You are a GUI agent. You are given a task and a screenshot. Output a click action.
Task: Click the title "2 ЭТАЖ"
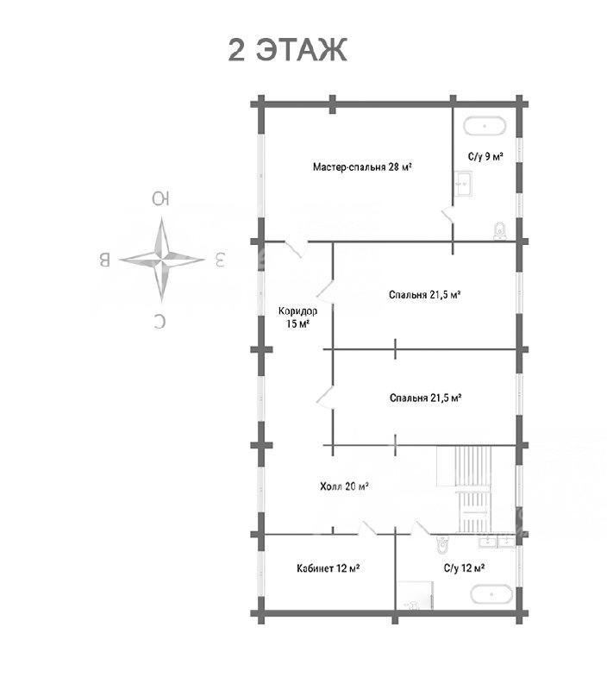click(288, 49)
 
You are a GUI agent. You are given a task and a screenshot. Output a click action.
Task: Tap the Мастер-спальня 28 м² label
click(362, 166)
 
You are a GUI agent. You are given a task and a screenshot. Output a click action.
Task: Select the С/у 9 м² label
click(485, 157)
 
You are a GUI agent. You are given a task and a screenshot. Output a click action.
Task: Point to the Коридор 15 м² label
click(297, 317)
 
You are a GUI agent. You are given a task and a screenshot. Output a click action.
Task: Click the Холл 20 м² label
click(344, 486)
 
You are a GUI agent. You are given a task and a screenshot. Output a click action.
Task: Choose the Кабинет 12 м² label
click(328, 568)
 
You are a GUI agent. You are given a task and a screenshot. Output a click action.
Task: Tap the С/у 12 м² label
click(465, 568)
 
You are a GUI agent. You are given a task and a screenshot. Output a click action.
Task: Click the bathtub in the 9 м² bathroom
click(485, 126)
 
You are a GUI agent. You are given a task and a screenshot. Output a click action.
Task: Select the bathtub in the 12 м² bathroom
click(491, 594)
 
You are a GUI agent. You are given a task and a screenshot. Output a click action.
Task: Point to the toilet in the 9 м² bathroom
click(500, 231)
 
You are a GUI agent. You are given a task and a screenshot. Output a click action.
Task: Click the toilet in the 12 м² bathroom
click(442, 545)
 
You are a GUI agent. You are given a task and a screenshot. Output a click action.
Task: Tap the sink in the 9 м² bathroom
click(463, 184)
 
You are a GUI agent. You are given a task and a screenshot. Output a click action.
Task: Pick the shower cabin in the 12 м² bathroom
click(416, 595)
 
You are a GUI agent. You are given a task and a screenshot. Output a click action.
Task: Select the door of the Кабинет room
click(367, 528)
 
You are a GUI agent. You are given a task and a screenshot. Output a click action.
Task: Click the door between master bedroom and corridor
click(297, 248)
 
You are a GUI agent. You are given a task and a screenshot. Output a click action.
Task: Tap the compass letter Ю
click(161, 199)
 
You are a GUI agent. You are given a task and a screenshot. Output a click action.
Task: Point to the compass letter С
click(160, 321)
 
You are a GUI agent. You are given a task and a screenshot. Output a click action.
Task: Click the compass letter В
click(104, 260)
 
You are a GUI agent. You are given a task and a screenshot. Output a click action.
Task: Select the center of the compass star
click(161, 260)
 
